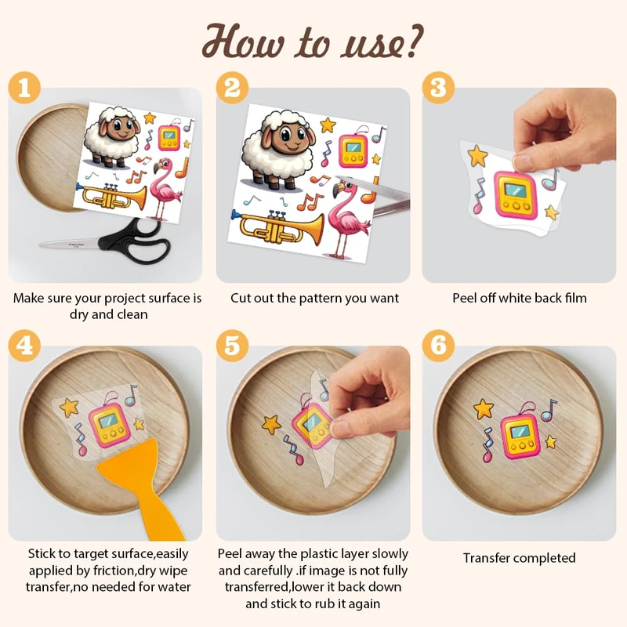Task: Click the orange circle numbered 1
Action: tap(24, 88)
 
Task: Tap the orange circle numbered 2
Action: tap(232, 88)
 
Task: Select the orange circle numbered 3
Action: tap(438, 88)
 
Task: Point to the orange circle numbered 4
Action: tap(24, 346)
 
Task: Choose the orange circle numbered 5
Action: tap(232, 346)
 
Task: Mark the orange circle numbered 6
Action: tap(438, 346)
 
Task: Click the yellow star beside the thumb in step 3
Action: tap(478, 156)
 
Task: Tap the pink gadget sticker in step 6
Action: tap(520, 434)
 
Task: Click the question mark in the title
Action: tap(413, 39)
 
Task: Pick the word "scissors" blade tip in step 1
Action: tap(40, 244)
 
